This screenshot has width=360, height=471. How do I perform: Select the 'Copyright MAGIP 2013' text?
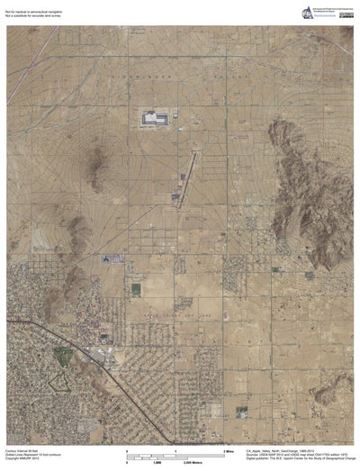[x=22, y=457]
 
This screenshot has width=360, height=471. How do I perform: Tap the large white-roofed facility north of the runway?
[x=152, y=117]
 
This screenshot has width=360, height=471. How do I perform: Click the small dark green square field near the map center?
[x=136, y=289]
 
